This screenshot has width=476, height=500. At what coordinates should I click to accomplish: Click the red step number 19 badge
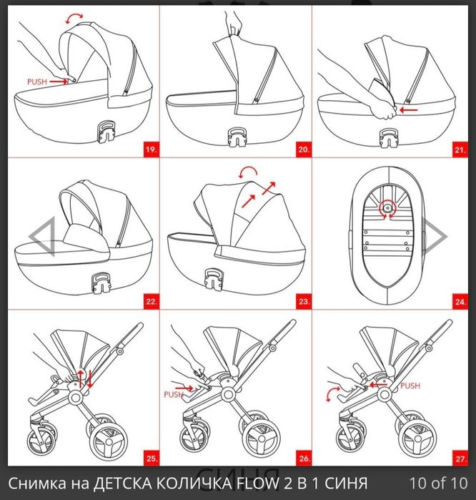[152, 149]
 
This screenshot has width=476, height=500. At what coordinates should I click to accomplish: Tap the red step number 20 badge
[304, 149]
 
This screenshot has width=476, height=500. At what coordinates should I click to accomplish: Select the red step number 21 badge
[460, 149]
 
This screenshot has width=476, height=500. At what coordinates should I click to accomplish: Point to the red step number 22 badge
[152, 302]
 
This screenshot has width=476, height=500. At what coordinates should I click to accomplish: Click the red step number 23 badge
[304, 302]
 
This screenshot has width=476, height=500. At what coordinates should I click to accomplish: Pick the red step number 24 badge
[460, 302]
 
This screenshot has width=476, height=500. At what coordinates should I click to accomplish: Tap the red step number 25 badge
[152, 459]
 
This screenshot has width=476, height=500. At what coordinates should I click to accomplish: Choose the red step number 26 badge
[304, 459]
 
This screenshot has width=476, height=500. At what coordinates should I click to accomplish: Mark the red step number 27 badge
[460, 459]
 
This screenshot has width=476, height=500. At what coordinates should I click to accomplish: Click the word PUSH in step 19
[37, 82]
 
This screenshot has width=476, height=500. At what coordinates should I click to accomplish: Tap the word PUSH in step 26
[174, 394]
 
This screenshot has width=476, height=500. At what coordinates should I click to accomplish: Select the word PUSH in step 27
[410, 386]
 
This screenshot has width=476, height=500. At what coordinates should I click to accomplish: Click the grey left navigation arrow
[42, 236]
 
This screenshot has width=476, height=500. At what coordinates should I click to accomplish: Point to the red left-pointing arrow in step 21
[408, 110]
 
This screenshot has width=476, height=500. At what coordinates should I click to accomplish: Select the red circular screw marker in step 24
[387, 209]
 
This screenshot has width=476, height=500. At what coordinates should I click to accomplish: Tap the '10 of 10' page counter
[439, 483]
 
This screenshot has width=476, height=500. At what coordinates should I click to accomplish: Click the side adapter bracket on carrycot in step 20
[237, 137]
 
